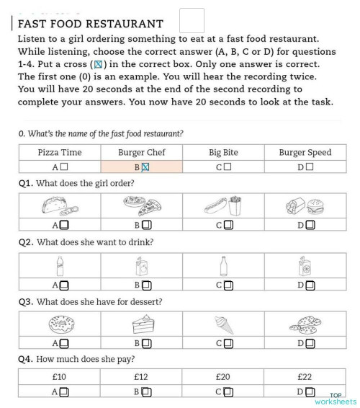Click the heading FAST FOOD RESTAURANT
point(90,24)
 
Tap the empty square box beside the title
point(192,20)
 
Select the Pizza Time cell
point(60,152)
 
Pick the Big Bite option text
point(223,152)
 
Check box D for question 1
point(311,225)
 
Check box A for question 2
point(64,285)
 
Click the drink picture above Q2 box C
point(224,266)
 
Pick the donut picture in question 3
point(60,324)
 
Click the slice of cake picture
point(142,324)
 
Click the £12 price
point(141,376)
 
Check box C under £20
point(228,393)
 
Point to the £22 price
point(305,376)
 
